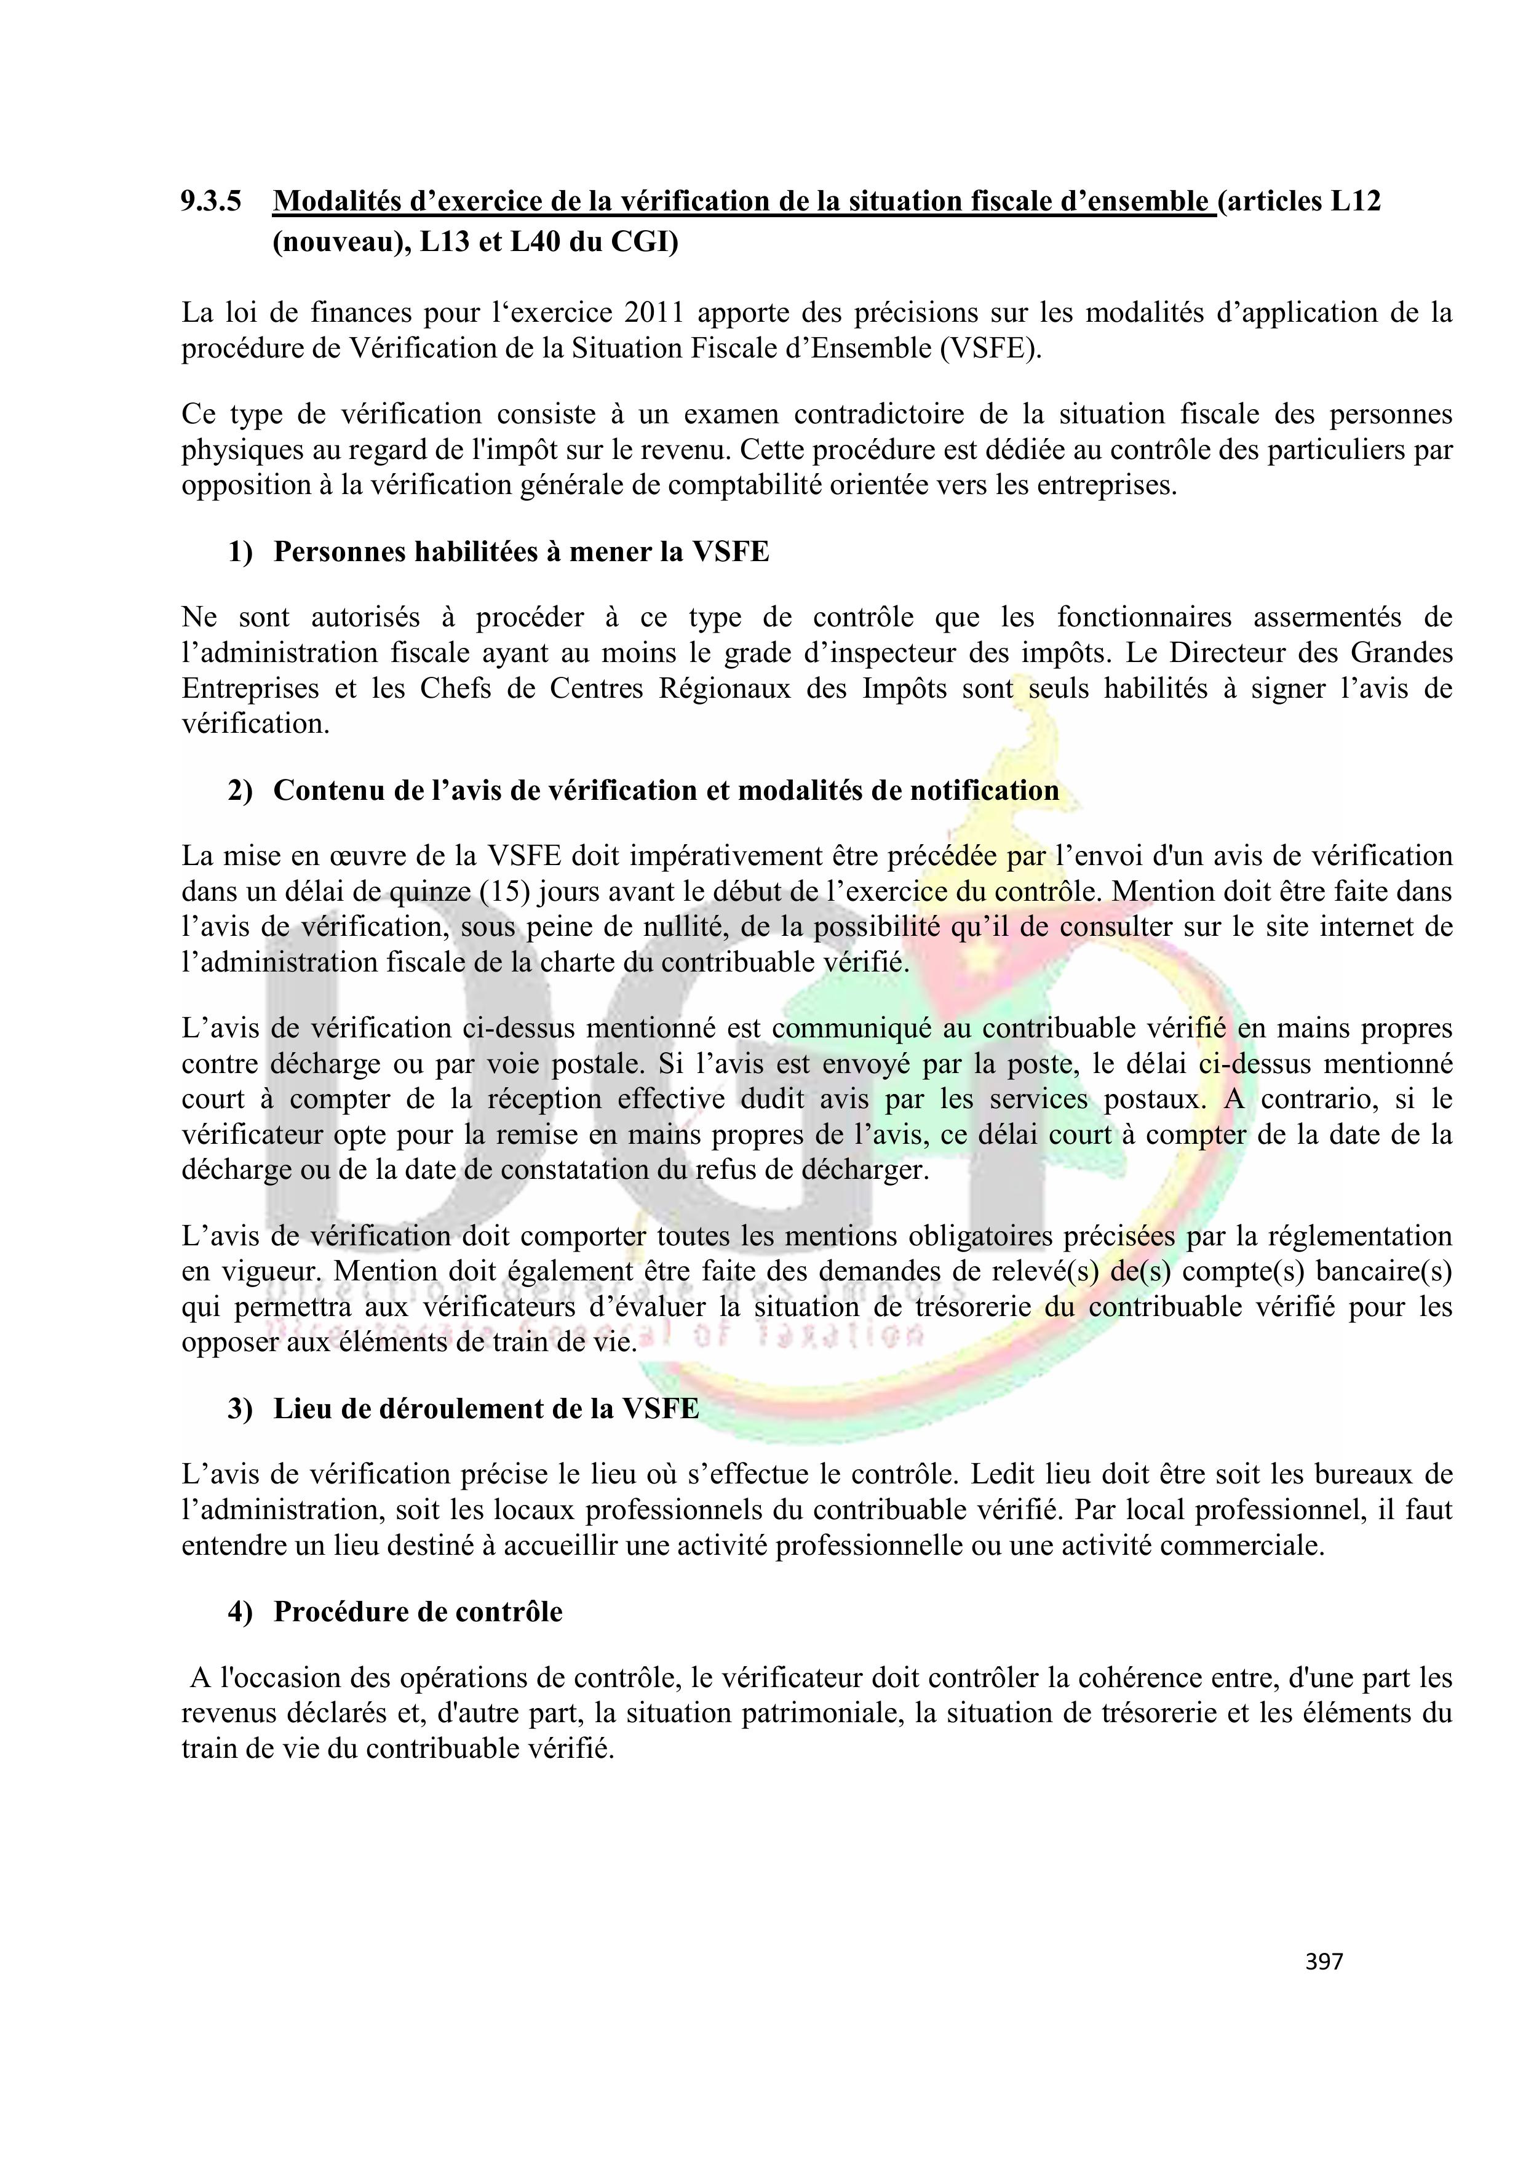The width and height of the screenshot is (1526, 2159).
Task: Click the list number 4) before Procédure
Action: click(x=240, y=1612)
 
